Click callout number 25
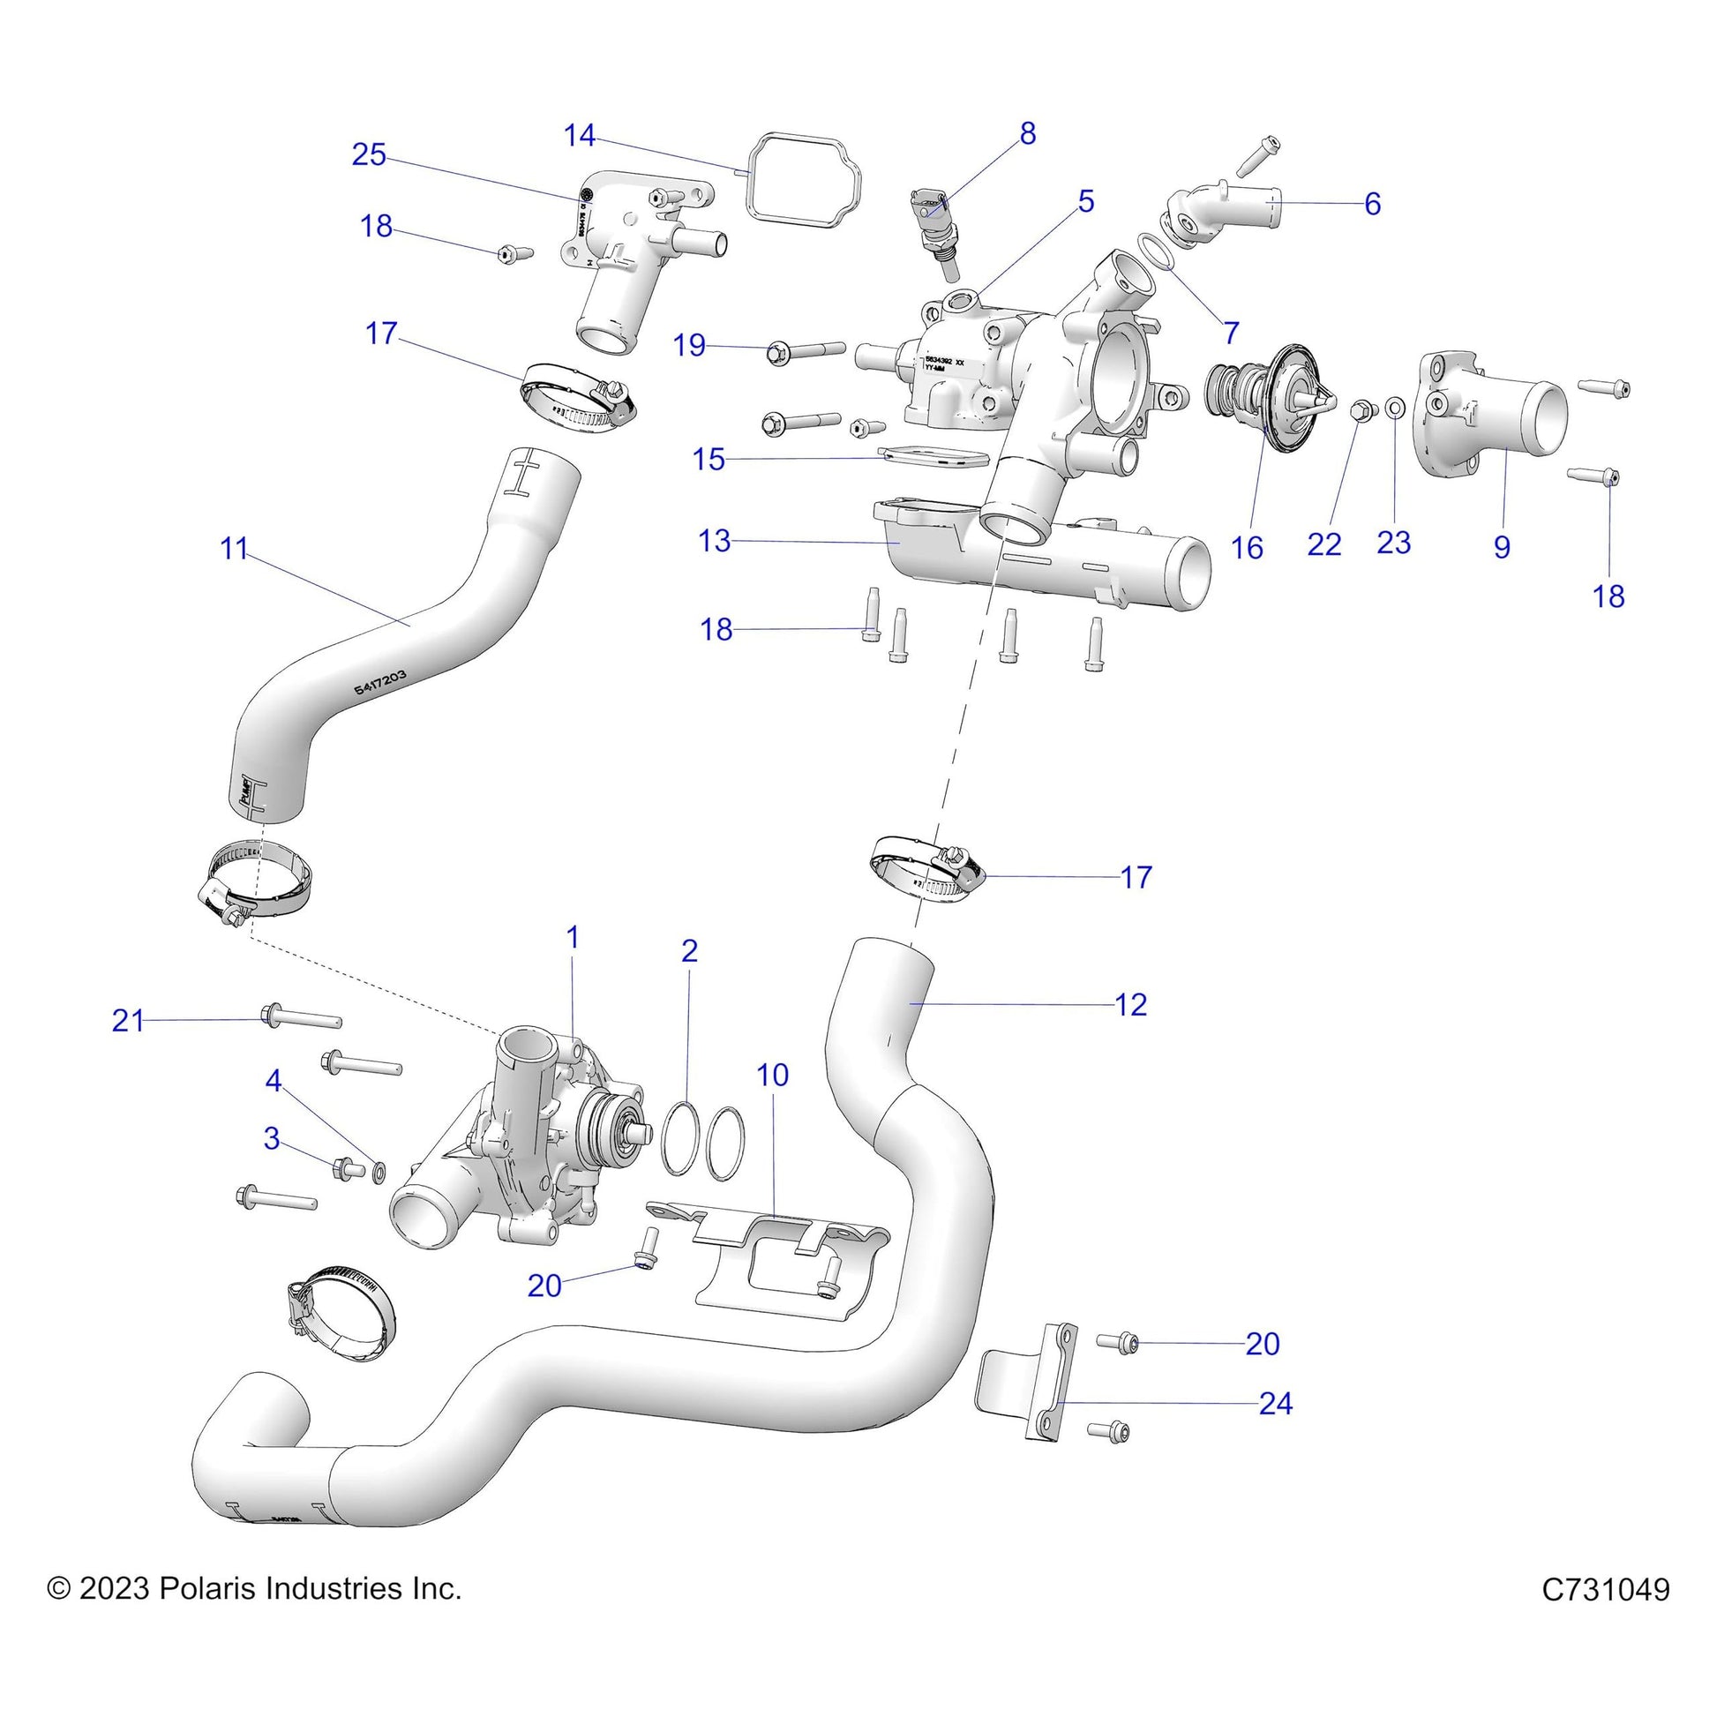point(369,154)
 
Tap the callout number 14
point(580,135)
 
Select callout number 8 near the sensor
point(1027,133)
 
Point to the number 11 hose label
point(234,548)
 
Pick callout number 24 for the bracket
point(1275,1403)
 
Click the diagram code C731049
point(1605,1589)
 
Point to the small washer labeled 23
point(1395,408)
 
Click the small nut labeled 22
point(1361,409)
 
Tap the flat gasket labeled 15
point(933,457)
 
